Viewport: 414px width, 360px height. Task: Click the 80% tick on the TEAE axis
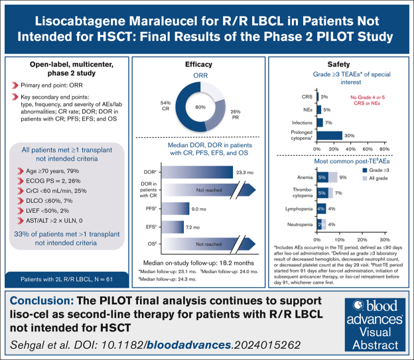383,150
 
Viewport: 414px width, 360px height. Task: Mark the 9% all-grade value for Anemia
343,177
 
